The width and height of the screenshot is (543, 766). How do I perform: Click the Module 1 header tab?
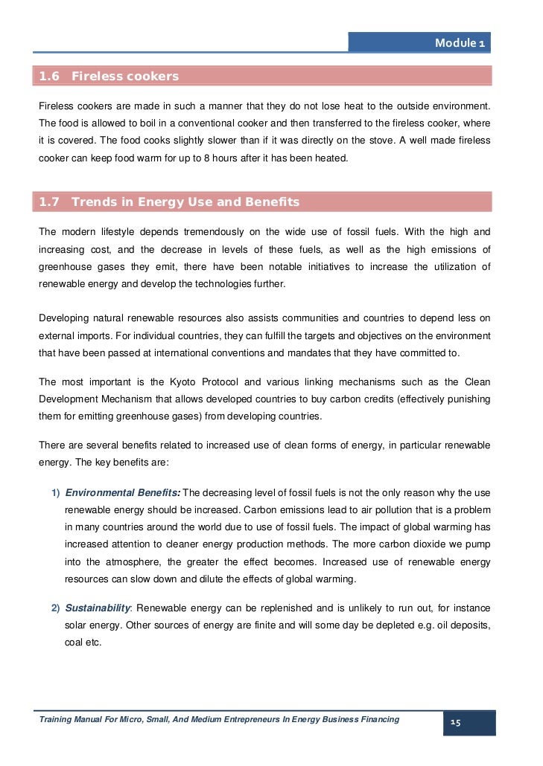460,43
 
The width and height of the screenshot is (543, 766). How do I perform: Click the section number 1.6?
49,77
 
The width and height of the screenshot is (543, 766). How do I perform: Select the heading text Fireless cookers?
125,77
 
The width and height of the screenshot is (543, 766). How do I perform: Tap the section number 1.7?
49,202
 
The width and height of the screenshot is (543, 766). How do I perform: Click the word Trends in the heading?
91,202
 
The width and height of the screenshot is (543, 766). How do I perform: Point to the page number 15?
456,723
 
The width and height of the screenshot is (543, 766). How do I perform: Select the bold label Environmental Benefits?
123,492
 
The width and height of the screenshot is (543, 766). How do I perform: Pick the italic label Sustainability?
100,608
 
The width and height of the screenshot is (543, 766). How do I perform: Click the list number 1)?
56,492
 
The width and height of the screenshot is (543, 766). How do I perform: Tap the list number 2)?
56,608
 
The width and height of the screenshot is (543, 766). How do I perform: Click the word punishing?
467,399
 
